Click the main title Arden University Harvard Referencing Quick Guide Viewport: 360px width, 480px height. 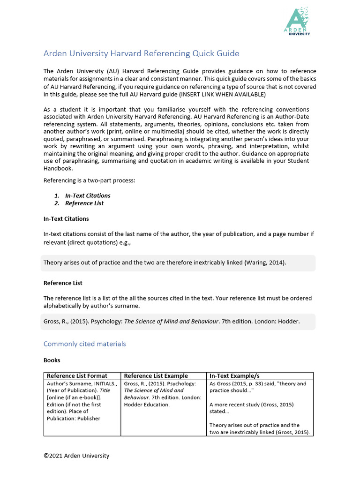click(141, 53)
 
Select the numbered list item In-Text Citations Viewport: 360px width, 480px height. click(88, 195)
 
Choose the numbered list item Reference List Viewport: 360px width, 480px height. click(84, 203)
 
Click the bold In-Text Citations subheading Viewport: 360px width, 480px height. click(66, 218)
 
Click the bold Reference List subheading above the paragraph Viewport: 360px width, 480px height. click(63, 283)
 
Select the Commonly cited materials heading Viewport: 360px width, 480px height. click(85, 344)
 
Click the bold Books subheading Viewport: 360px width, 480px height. click(52, 360)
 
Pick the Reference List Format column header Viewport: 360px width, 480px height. click(77, 376)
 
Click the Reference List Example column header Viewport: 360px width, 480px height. click(156, 376)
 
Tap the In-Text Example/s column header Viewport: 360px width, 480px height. click(234, 376)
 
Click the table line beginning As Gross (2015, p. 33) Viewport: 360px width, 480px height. click(258, 383)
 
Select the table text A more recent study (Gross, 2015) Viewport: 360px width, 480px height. click(251, 405)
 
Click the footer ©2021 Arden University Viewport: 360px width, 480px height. click(76, 455)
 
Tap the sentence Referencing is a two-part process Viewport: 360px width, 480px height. click(89, 180)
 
